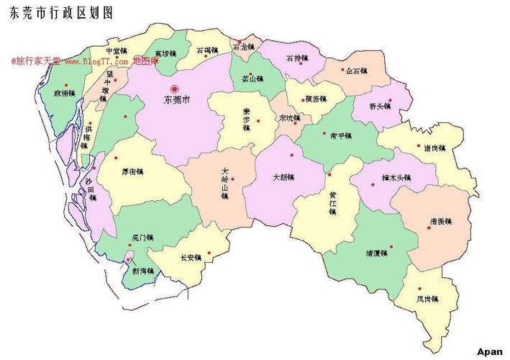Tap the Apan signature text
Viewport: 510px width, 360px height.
coord(489,351)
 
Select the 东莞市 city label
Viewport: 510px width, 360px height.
coord(177,100)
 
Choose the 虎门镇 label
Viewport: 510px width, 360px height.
coord(142,238)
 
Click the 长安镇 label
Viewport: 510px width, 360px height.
coord(191,257)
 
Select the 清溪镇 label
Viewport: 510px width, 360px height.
coord(440,221)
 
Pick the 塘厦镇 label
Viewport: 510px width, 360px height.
coord(377,253)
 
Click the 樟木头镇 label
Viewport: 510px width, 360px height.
coord(396,177)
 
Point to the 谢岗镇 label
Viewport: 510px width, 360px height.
coord(435,148)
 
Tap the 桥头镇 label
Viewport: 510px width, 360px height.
coord(379,107)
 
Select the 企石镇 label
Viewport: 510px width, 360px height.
coord(356,71)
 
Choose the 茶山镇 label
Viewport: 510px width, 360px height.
coord(252,78)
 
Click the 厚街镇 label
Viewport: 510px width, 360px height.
coord(133,172)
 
